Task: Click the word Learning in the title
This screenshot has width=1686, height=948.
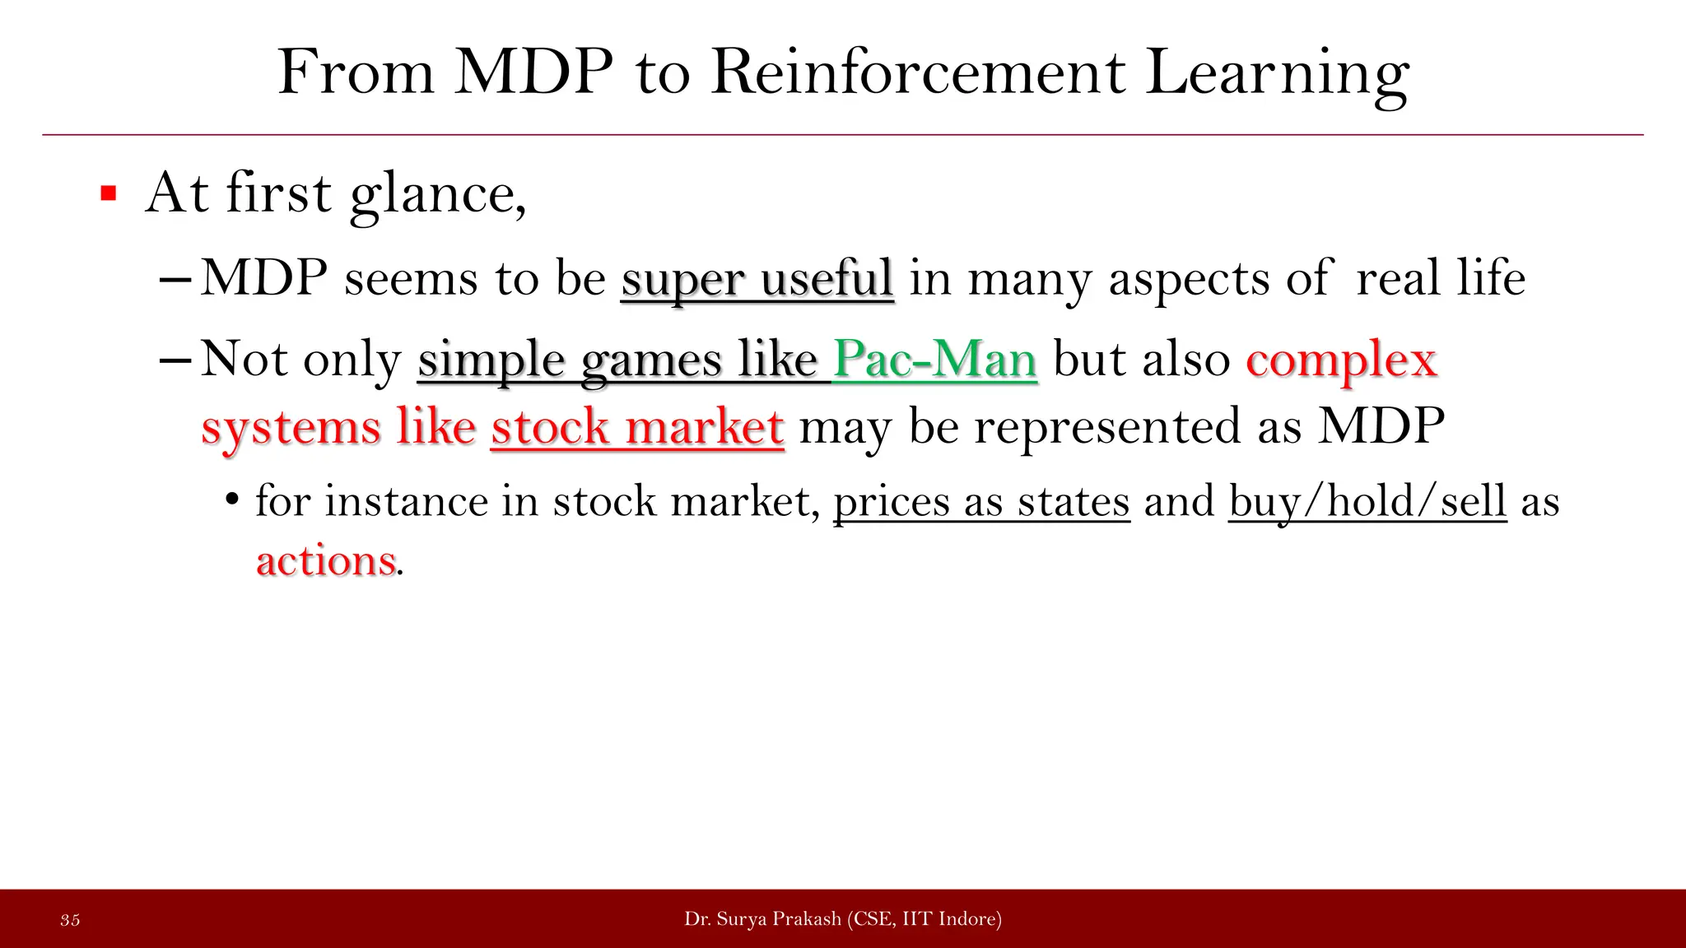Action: tap(1277, 74)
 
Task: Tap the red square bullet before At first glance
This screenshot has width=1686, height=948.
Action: tap(108, 194)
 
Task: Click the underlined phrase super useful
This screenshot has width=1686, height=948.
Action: tap(757, 278)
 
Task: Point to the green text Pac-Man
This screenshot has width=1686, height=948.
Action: tap(934, 360)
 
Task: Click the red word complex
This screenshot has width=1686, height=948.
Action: tap(1341, 360)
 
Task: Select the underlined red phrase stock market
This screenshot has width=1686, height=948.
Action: tap(637, 428)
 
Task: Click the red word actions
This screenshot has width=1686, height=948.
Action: tap(326, 561)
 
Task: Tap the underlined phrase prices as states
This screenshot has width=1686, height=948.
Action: tap(981, 502)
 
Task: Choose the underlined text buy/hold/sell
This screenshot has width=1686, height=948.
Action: tap(1367, 502)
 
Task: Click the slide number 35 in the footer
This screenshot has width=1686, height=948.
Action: tap(70, 920)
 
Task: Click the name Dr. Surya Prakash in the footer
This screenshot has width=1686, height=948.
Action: tap(762, 919)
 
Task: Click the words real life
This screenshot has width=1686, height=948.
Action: tap(1440, 278)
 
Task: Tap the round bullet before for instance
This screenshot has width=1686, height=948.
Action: tap(232, 501)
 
